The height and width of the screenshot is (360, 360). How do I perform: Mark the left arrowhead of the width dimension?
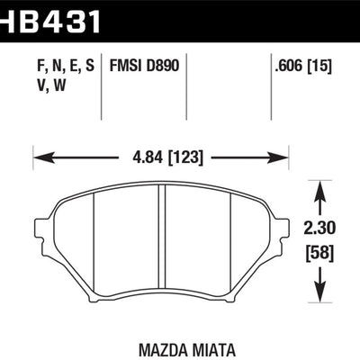click(x=39, y=157)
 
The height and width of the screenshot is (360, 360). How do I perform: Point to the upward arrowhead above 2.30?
click(x=317, y=187)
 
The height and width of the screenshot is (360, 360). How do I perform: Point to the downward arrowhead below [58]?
click(x=317, y=296)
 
